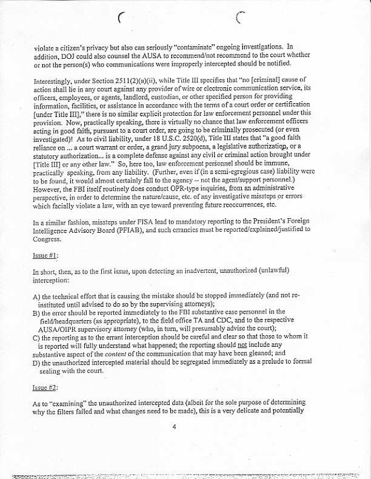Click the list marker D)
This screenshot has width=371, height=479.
point(36,363)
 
